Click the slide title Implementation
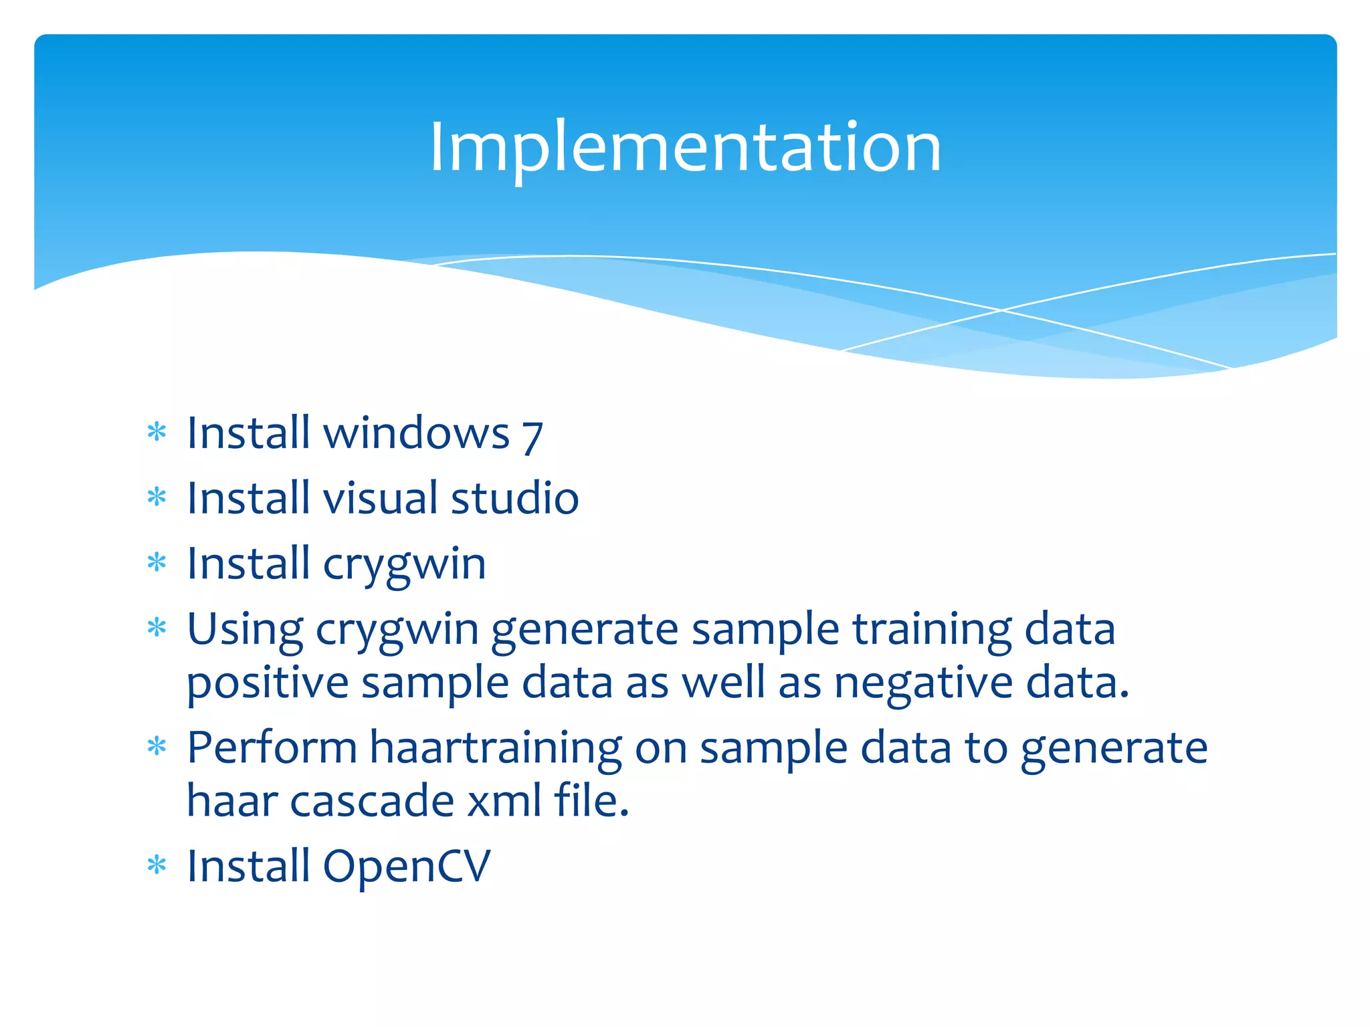click(x=685, y=147)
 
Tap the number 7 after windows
click(x=532, y=436)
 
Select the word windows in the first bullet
click(x=416, y=433)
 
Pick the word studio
click(x=514, y=498)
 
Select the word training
click(x=932, y=631)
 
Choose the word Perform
click(x=272, y=748)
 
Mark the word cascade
click(x=372, y=801)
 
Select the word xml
click(x=504, y=801)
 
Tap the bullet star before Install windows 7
click(x=157, y=432)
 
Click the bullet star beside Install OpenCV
click(x=157, y=865)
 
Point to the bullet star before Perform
click(x=157, y=746)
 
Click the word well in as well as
click(x=723, y=684)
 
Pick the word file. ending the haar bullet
click(x=591, y=801)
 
